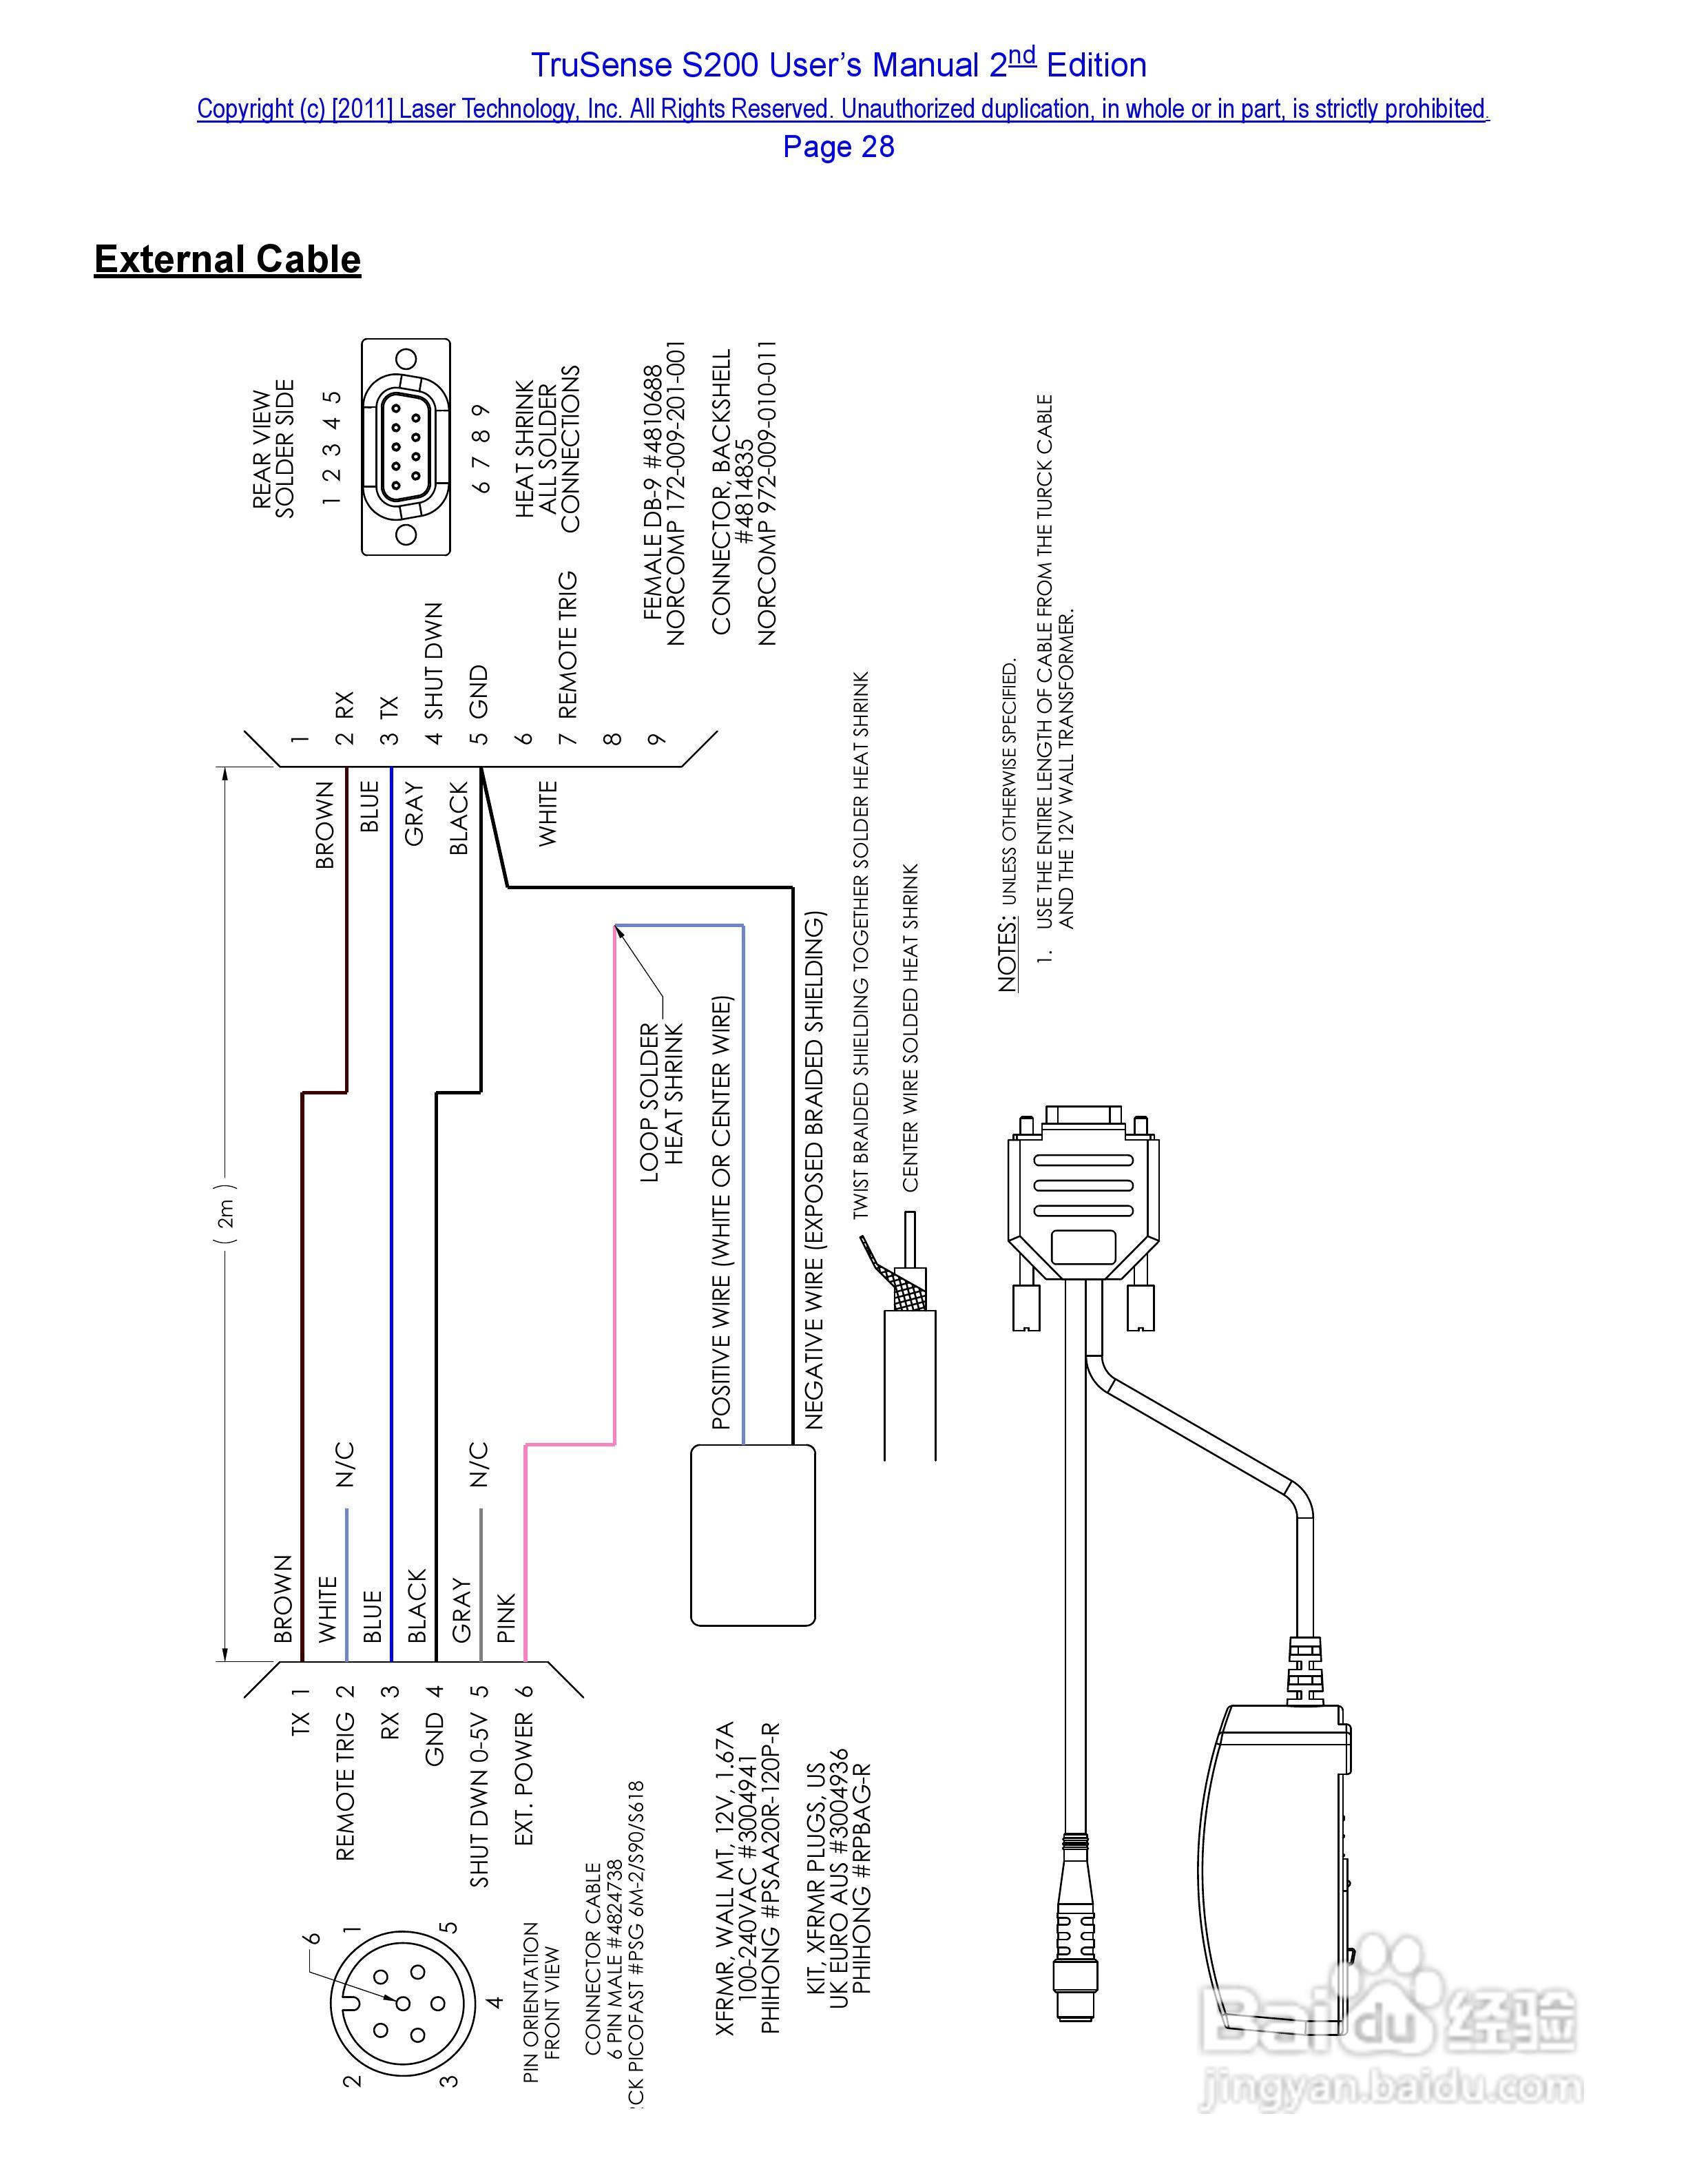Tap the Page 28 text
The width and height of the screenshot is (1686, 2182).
pyautogui.click(x=838, y=147)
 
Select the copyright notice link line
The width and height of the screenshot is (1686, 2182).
pyautogui.click(x=842, y=109)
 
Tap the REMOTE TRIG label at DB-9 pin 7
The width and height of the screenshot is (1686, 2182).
pyautogui.click(x=568, y=645)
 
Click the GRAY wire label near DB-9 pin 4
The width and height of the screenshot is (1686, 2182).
pyautogui.click(x=415, y=814)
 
